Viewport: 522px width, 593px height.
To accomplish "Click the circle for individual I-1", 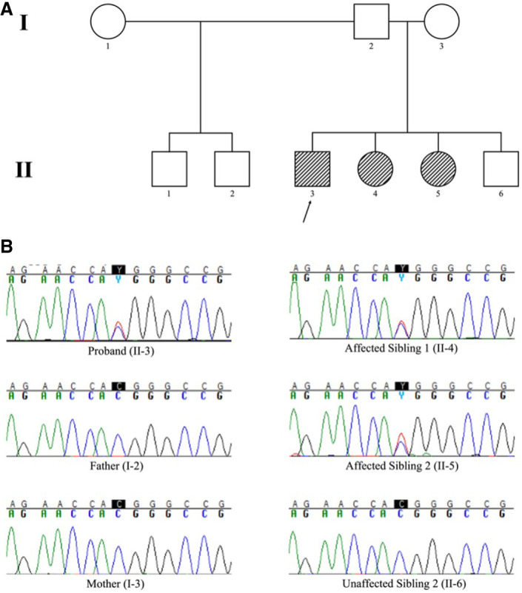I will (108, 22).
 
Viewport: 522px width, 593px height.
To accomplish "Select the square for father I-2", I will (371, 22).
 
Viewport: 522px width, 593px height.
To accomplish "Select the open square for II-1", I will (170, 169).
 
